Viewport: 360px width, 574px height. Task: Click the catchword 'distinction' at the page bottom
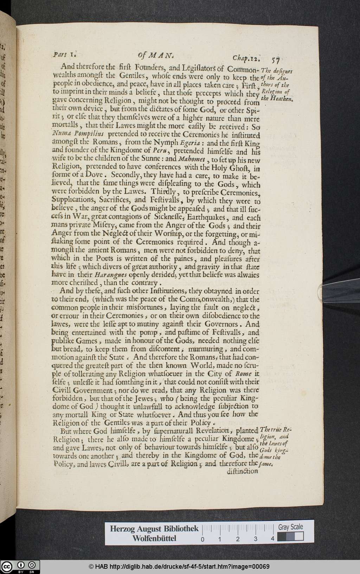coord(242,471)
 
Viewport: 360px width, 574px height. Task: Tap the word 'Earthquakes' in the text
coord(205,218)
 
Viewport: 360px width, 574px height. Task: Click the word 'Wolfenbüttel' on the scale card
coord(155,538)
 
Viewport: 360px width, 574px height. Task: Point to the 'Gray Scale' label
coord(290,527)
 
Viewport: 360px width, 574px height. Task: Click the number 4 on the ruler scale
coord(272,539)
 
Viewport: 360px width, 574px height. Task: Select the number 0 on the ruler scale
coord(202,539)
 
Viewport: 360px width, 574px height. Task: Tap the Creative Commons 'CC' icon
coord(7,566)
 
